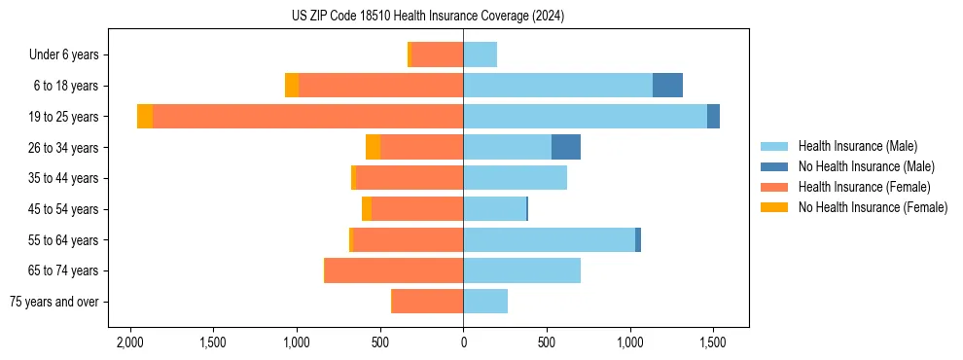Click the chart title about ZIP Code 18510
pos(427,17)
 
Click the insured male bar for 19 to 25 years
pos(585,117)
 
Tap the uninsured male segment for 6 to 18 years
pos(667,86)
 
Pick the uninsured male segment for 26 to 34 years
pos(566,147)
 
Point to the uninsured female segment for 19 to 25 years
pos(145,117)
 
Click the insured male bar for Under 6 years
pos(480,54)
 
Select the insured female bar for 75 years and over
pos(427,302)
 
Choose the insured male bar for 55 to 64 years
pos(549,239)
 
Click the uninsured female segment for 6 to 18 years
pos(292,86)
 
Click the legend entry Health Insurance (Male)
pos(857,146)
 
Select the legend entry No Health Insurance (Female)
pos(873,207)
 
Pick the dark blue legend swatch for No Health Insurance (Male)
pos(775,166)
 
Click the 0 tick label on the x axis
pos(463,342)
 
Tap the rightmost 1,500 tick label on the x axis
pos(713,342)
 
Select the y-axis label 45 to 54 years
pos(63,209)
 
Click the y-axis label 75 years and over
pos(53,302)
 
